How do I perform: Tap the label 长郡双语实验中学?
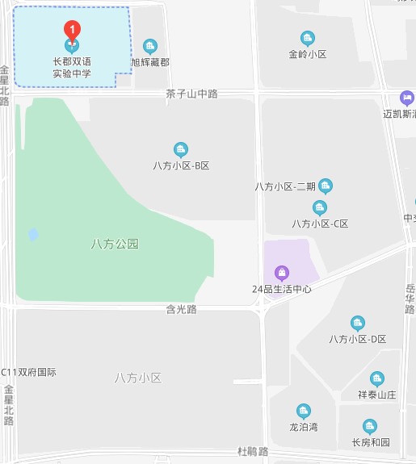[x=73, y=67]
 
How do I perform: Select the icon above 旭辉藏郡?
[x=149, y=45]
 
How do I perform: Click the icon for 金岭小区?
[x=307, y=38]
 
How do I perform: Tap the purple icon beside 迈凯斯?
[x=405, y=97]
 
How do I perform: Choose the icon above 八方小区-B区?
[x=181, y=149]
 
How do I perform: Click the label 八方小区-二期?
[x=284, y=186]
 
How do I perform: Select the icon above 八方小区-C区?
[x=320, y=207]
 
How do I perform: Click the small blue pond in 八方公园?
[x=33, y=235]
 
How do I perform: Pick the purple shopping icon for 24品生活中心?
[x=281, y=271]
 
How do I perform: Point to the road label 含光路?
[x=182, y=308]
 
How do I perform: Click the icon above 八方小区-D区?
[x=358, y=323]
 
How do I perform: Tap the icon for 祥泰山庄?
[x=376, y=378]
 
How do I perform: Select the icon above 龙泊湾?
[x=304, y=411]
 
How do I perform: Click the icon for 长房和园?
[x=370, y=426]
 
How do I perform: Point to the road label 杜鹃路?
[x=252, y=450]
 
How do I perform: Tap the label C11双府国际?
[x=33, y=372]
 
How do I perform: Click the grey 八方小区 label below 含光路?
[x=138, y=378]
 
